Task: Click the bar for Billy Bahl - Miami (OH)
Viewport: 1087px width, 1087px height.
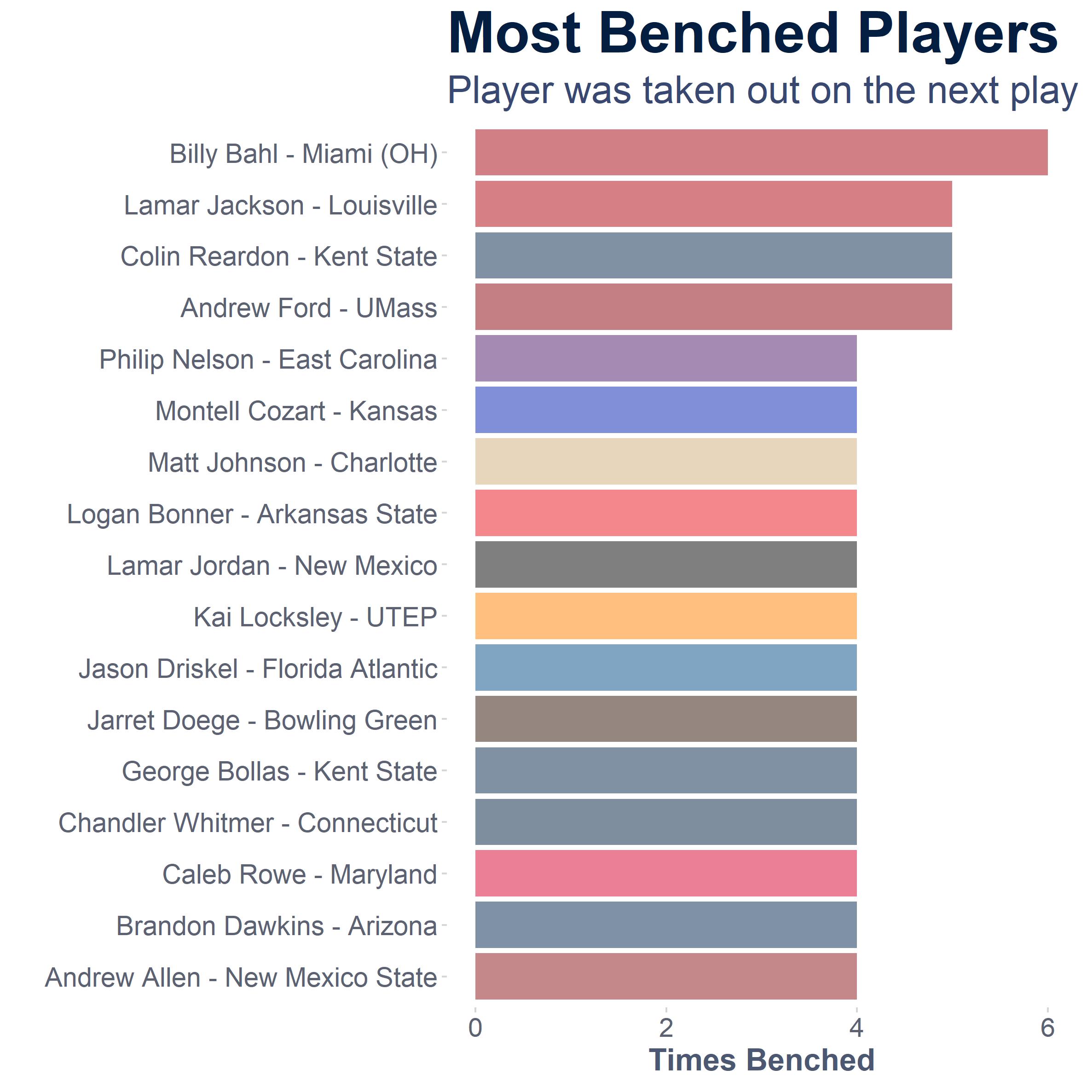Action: click(761, 152)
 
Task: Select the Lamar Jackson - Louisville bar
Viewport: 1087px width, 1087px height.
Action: click(713, 204)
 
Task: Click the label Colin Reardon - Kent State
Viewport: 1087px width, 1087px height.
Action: click(279, 256)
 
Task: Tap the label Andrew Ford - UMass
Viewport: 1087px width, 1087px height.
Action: click(309, 308)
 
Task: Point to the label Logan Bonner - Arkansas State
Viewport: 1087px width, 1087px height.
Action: click(252, 514)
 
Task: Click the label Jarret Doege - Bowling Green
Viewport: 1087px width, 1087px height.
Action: click(262, 721)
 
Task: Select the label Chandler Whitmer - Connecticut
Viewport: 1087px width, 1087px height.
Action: click(248, 822)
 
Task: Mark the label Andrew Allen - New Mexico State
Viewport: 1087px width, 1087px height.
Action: click(241, 977)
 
